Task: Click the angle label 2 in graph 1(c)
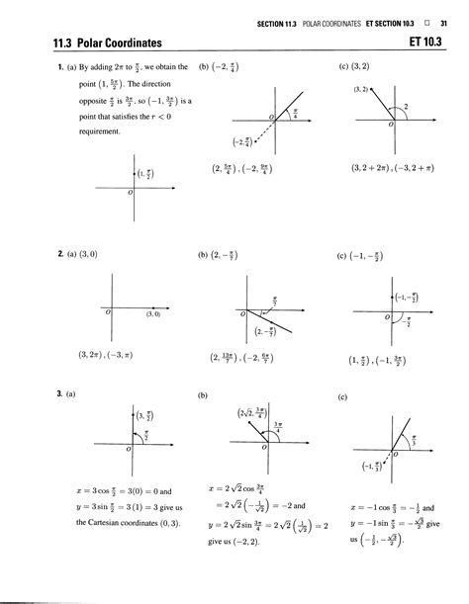tap(405, 104)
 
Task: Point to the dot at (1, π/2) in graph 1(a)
tap(130, 175)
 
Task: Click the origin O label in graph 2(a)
tap(107, 312)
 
